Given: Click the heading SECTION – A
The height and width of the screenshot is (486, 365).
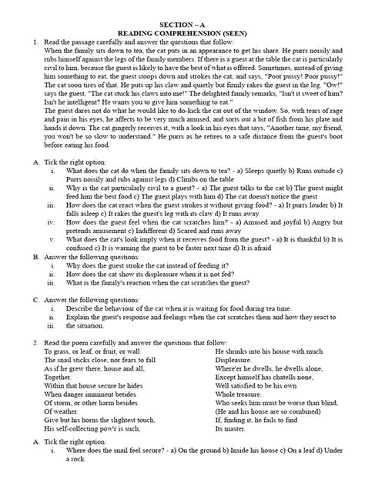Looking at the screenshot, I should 182,5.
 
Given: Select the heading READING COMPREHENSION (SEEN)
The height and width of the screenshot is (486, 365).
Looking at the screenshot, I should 182,15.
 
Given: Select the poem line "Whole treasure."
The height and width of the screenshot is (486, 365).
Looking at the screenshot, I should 239,411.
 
